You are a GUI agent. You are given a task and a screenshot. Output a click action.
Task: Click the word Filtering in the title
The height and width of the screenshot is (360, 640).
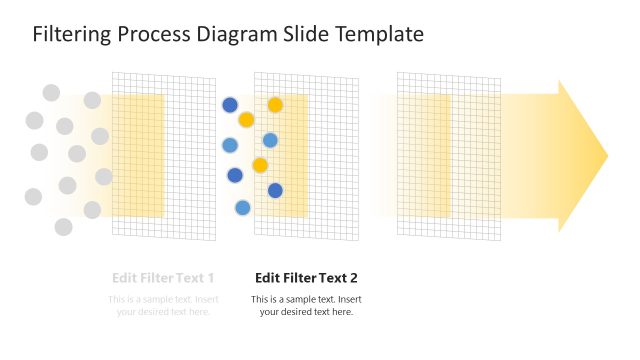[73, 35]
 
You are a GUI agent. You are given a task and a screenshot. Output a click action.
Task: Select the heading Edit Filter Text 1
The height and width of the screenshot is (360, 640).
[163, 278]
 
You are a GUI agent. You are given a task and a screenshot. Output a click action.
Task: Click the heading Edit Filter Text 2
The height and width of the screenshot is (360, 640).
[306, 278]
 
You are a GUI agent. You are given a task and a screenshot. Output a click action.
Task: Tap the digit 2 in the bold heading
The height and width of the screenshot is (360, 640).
[352, 278]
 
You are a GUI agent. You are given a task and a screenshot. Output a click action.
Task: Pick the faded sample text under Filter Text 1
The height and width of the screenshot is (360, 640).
[163, 306]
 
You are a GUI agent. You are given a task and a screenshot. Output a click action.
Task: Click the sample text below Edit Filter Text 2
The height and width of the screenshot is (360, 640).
[306, 306]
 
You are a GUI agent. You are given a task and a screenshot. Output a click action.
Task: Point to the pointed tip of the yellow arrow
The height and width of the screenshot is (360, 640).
[606, 157]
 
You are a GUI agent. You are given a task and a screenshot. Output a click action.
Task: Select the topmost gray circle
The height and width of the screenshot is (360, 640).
[51, 93]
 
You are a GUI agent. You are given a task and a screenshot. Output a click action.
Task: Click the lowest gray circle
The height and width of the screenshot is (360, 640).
[63, 227]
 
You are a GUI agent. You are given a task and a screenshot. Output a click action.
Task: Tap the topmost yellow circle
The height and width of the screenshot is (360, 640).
[275, 105]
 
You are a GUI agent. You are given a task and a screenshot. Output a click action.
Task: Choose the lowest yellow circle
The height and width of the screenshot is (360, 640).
[260, 165]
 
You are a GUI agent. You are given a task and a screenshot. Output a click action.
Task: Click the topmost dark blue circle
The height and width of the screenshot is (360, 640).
[230, 105]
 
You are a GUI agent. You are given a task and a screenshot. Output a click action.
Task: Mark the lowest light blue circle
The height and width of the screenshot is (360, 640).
[242, 208]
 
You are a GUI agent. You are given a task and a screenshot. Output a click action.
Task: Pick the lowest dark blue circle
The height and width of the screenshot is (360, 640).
[275, 190]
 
